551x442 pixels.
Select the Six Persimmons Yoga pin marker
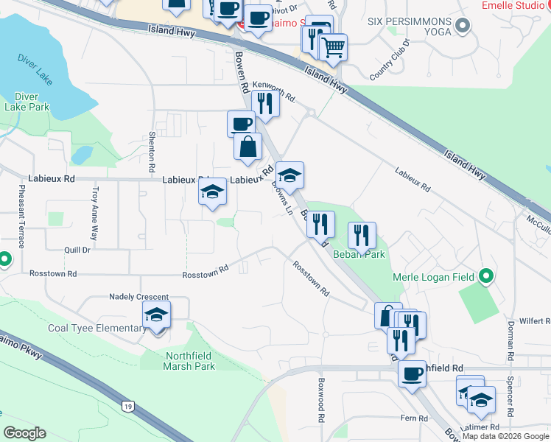[x=463, y=27]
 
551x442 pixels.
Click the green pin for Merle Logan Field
[x=485, y=276]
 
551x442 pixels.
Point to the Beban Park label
[x=359, y=254]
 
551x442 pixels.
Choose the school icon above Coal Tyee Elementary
[x=156, y=315]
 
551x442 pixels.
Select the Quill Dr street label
[x=77, y=250]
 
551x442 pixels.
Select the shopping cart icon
[x=334, y=48]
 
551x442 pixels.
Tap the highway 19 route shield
[x=128, y=405]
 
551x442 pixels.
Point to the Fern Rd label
[x=413, y=418]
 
